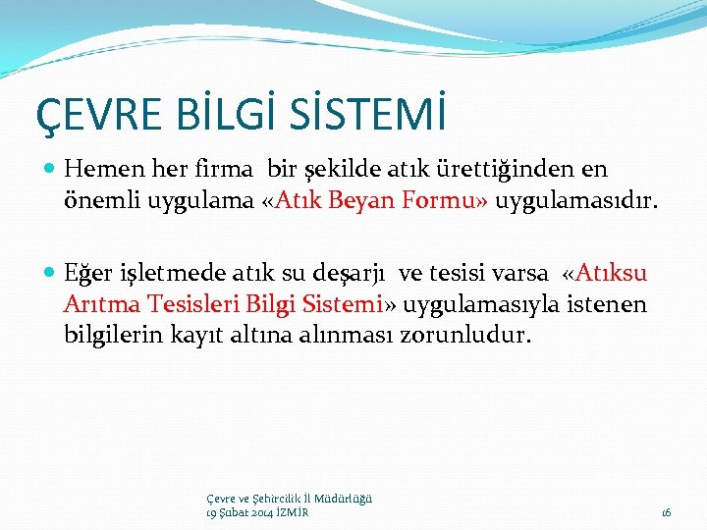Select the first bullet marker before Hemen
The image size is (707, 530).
click(50, 170)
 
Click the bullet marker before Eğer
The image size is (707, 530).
click(50, 273)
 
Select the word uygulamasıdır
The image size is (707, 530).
click(575, 201)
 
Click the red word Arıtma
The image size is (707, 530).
click(101, 304)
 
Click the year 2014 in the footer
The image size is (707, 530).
click(260, 511)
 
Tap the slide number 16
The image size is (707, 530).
click(666, 511)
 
